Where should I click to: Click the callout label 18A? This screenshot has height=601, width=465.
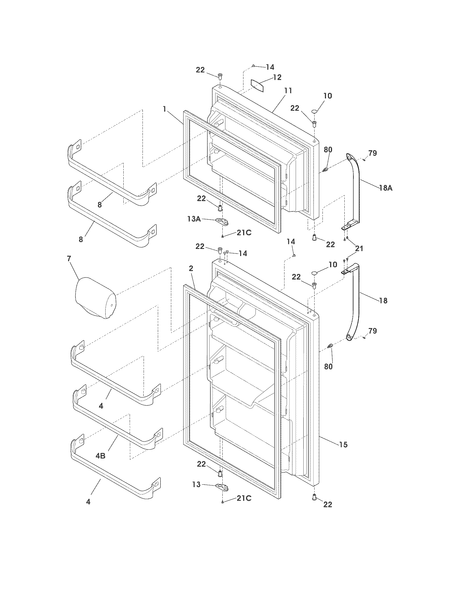[x=386, y=188]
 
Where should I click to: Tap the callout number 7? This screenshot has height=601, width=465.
[x=69, y=258]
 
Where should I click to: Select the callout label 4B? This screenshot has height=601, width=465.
[x=100, y=456]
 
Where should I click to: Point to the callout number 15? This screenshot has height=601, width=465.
[x=343, y=444]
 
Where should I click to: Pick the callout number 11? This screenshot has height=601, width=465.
[x=288, y=90]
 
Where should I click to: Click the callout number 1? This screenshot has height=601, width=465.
[x=164, y=109]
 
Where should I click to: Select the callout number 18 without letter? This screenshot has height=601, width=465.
[x=383, y=300]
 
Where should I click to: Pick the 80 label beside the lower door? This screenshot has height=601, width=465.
[x=328, y=367]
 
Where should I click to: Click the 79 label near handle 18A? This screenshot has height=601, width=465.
[x=373, y=153]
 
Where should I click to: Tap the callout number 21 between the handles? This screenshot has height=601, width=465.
[x=359, y=249]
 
